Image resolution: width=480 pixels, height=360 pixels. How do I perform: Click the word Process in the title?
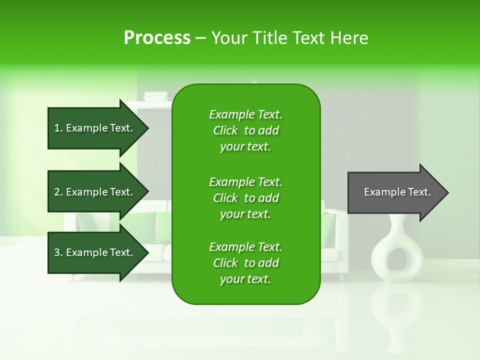[x=157, y=38]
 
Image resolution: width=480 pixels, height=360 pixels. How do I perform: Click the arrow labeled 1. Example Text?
[x=95, y=128]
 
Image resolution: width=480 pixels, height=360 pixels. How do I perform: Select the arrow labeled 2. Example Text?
[x=95, y=192]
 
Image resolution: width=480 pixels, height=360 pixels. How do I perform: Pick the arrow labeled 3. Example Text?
[x=95, y=252]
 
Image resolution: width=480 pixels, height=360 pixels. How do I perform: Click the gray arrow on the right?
[x=395, y=192]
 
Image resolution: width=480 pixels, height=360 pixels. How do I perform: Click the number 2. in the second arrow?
[x=58, y=192]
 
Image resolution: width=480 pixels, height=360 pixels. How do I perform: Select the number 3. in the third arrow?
[x=58, y=252]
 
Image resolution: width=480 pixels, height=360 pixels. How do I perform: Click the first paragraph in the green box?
[x=245, y=130]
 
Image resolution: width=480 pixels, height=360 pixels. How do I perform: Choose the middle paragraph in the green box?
[x=245, y=198]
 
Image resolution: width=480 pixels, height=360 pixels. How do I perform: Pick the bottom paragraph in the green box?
[x=245, y=263]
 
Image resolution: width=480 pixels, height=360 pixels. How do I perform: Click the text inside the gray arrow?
[x=397, y=192]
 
